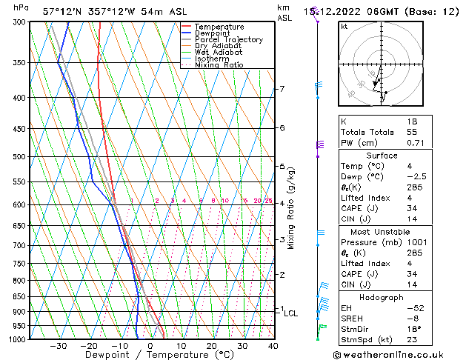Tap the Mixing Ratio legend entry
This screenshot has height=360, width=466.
pos(219,65)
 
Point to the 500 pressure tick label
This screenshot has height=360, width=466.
pos(20,157)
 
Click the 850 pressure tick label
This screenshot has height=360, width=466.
pos(20,296)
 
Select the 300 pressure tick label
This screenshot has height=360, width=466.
pos(20,22)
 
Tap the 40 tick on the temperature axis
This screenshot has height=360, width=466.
pos(273,346)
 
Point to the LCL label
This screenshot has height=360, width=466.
pos(291,313)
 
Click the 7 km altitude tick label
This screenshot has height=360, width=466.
pos(282,89)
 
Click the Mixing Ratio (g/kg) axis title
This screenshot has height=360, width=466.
pos(292,208)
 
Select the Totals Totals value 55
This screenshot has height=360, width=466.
pos(412,132)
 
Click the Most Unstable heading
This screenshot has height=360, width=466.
pos(381,232)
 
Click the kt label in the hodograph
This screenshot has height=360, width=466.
pos(344,27)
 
